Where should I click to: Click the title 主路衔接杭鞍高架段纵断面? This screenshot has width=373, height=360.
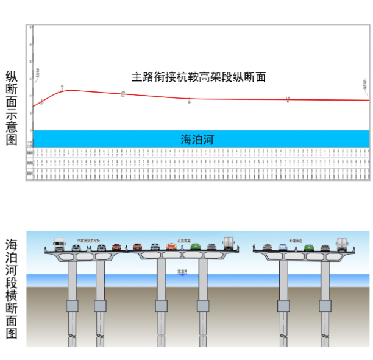click(x=199, y=77)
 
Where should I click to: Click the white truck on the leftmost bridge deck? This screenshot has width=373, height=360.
click(x=59, y=244)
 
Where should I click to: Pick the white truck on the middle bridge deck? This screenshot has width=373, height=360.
click(x=228, y=243)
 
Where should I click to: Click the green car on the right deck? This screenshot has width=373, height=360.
click(x=309, y=247)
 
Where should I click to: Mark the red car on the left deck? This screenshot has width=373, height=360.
click(x=116, y=247)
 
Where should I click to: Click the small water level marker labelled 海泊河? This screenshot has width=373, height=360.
click(x=182, y=271)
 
